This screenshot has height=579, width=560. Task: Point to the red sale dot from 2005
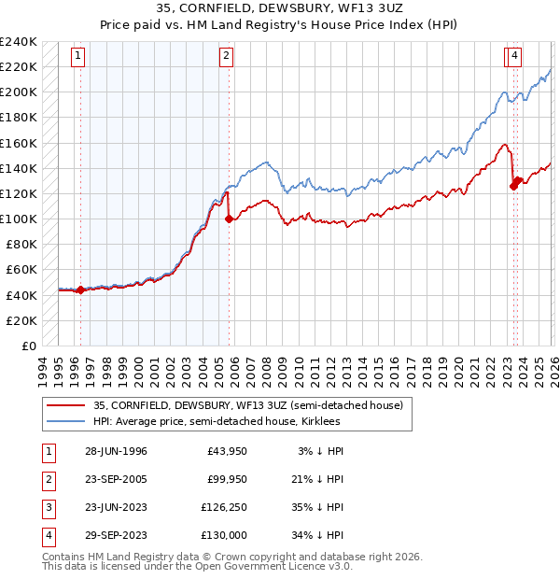click(230, 219)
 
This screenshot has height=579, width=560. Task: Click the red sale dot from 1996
click(80, 289)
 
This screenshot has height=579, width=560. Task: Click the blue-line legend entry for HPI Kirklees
click(233, 421)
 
